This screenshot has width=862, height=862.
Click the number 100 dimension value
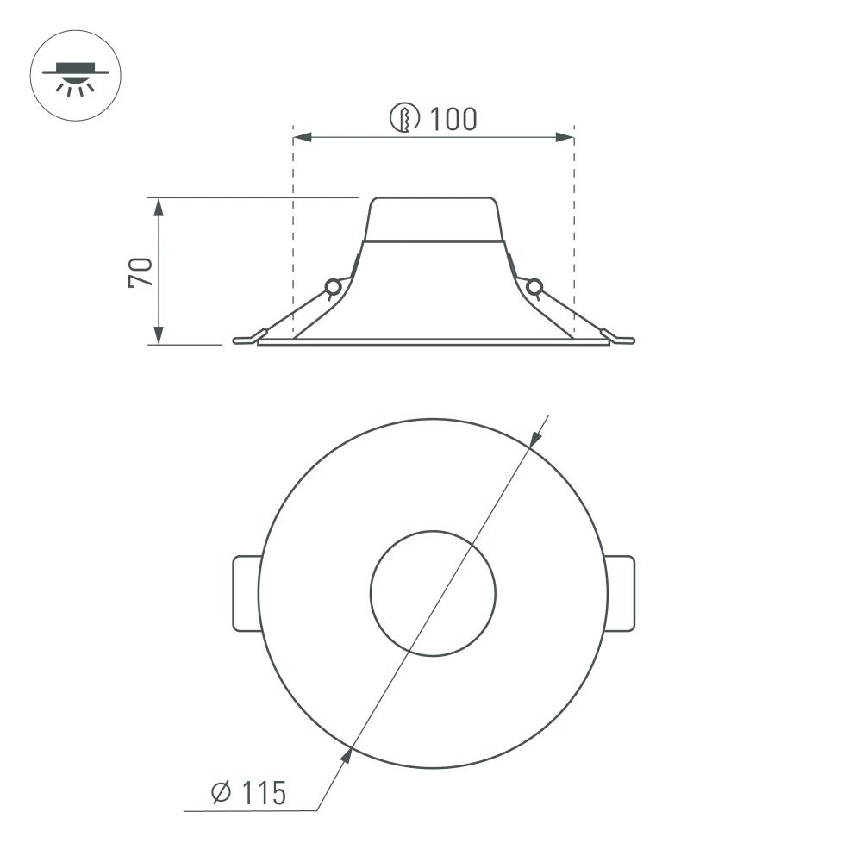point(453,119)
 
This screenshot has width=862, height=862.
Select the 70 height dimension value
point(141,272)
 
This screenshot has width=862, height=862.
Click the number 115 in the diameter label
point(263,793)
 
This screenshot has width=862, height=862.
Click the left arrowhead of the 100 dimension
point(302,137)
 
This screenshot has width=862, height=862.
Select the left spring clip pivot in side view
point(331,287)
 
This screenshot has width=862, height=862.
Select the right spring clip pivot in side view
point(534,286)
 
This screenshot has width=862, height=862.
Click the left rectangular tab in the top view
point(247,593)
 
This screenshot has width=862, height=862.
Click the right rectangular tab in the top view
point(621,593)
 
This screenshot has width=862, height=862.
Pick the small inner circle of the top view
point(433,593)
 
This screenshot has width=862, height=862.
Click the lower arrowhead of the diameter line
point(346,756)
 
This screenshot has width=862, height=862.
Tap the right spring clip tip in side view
point(623,340)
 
